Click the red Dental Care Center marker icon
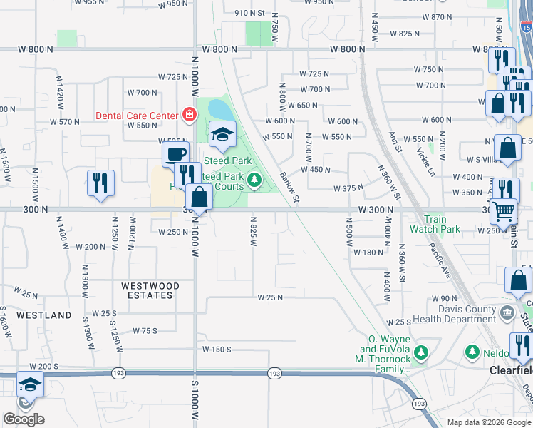pyautogui.click(x=190, y=114)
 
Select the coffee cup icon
pyautogui.click(x=175, y=154)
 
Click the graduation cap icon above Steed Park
pyautogui.click(x=222, y=135)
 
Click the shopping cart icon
pyautogui.click(x=504, y=210)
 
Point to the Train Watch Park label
pyautogui.click(x=441, y=224)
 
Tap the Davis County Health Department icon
pyautogui.click(x=507, y=312)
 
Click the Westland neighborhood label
pyautogui.click(x=45, y=315)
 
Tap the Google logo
pyautogui.click(x=24, y=419)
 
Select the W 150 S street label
pyautogui.click(x=217, y=350)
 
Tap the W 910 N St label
pyautogui.click(x=249, y=13)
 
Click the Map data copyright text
pyautogui.click(x=489, y=422)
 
